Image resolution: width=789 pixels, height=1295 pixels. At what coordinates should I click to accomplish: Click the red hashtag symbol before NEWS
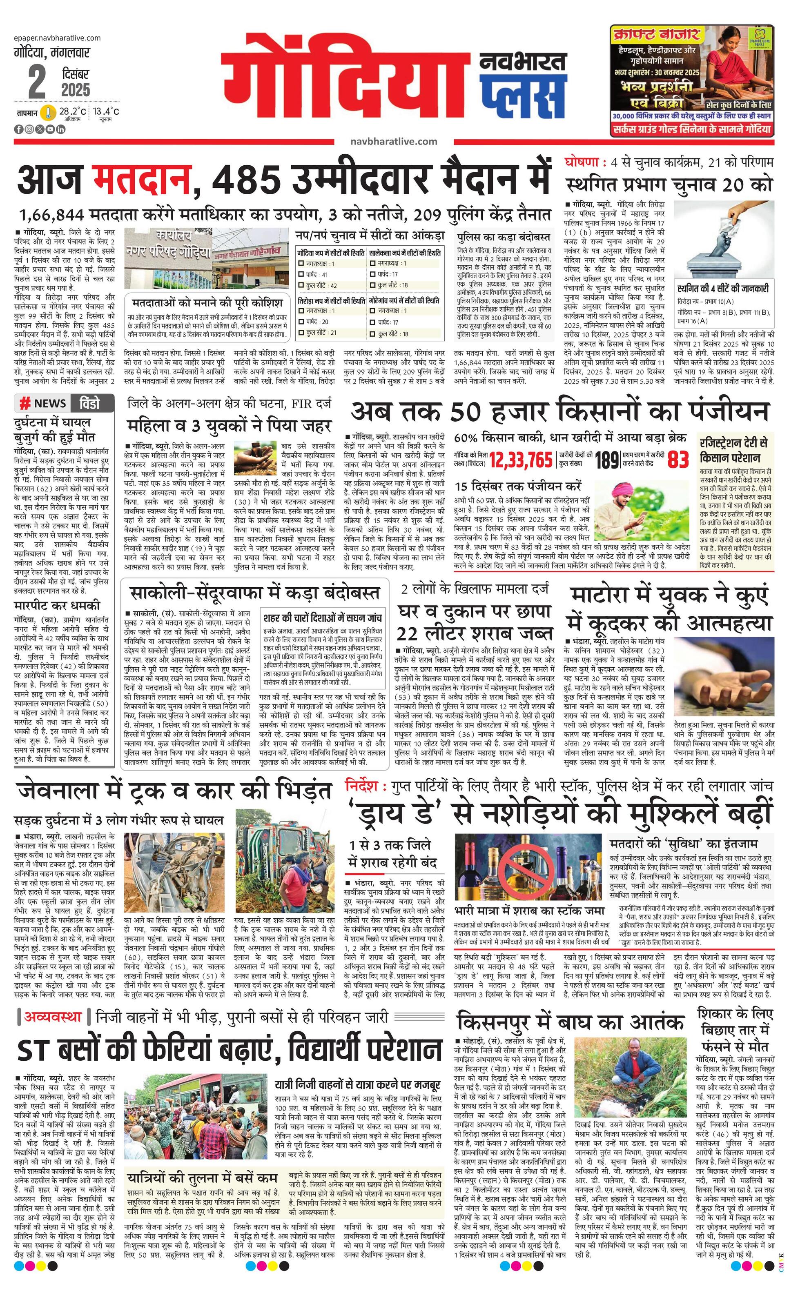[24, 404]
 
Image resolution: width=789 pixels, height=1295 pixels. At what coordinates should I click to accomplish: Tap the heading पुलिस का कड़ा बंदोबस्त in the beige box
[504, 238]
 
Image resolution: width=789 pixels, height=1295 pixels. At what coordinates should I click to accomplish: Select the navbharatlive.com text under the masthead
[393, 141]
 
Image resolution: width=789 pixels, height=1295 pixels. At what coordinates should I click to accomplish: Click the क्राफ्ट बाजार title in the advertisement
[655, 35]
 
